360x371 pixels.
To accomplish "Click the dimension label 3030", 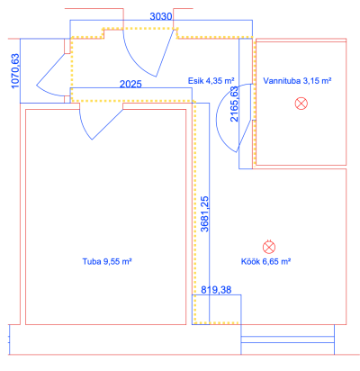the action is (161, 16).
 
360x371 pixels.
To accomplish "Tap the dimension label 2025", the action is (130, 84).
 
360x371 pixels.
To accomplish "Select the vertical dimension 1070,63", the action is (15, 71).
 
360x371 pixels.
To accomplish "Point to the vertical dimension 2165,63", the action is (234, 104).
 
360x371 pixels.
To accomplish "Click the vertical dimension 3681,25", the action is (204, 214).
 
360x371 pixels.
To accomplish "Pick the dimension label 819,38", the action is (216, 290).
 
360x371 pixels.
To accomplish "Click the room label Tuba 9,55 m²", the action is (107, 261).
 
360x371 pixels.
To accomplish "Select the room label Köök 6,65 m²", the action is (265, 261).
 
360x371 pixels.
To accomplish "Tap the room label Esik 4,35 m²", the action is (211, 81).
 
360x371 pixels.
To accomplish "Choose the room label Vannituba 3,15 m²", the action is (297, 81).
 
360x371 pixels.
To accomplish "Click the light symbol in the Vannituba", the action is (301, 104).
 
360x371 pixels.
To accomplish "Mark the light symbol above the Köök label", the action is (269, 247).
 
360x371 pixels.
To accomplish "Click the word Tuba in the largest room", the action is (92, 261).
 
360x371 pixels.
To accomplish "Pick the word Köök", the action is (251, 261).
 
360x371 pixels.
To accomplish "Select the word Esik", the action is (196, 81).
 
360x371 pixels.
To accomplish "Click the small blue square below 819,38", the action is (216, 310).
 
